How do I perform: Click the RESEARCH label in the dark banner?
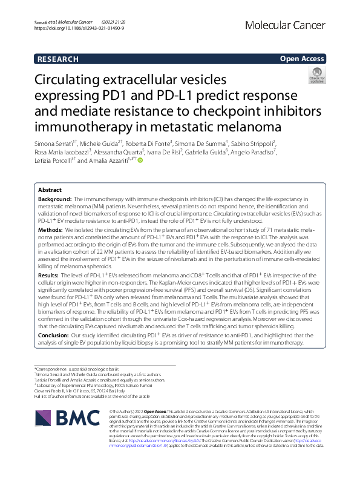(x=57, y=59)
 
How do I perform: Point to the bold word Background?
(x=54, y=199)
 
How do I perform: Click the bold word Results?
(x=50, y=274)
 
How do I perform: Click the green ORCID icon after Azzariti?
(x=140, y=160)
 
